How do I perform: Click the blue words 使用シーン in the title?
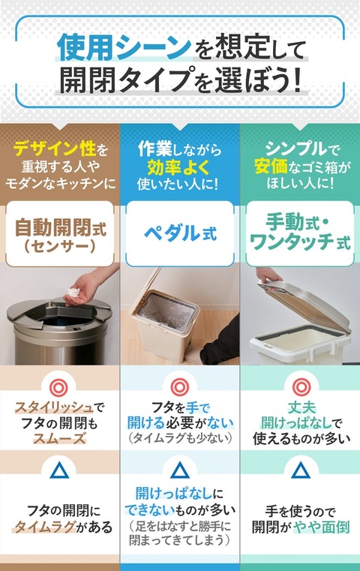[124, 47]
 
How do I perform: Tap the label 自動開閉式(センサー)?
[60, 236]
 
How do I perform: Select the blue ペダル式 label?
[180, 233]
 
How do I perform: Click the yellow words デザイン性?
[55, 149]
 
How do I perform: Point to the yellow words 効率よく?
[179, 167]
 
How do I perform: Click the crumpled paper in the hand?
[73, 292]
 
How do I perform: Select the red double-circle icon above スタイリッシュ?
[58, 388]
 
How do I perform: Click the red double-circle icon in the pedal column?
[180, 386]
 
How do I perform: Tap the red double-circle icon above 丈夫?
[301, 386]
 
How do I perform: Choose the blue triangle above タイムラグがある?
[59, 470]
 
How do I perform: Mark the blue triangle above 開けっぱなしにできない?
[180, 470]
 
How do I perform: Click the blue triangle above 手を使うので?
[301, 470]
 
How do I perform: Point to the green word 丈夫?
[301, 408]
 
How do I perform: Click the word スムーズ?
[59, 438]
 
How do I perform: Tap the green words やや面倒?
[322, 527]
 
